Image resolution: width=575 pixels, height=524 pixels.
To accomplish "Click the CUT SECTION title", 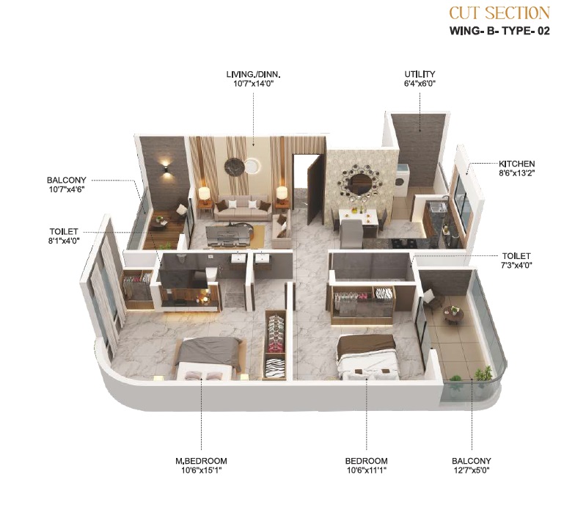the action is click(x=499, y=13).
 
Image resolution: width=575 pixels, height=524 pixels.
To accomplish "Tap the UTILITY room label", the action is click(x=420, y=74).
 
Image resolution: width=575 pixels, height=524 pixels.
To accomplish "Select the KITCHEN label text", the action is click(x=516, y=164).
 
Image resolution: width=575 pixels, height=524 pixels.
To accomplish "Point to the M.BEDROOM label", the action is click(x=201, y=461).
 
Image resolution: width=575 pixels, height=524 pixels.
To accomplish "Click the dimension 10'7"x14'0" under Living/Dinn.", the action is click(x=254, y=84).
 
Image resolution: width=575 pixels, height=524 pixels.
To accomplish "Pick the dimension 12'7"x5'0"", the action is click(x=471, y=470).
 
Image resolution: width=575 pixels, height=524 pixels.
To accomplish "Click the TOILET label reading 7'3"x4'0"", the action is click(x=516, y=255).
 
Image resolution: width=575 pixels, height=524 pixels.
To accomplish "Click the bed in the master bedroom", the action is click(x=208, y=358).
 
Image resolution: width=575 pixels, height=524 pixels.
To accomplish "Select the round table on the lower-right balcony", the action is click(x=453, y=314).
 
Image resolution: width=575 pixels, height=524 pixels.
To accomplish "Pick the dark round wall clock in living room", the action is click(x=235, y=167).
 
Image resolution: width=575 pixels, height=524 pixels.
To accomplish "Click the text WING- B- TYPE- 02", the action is click(x=500, y=31).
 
